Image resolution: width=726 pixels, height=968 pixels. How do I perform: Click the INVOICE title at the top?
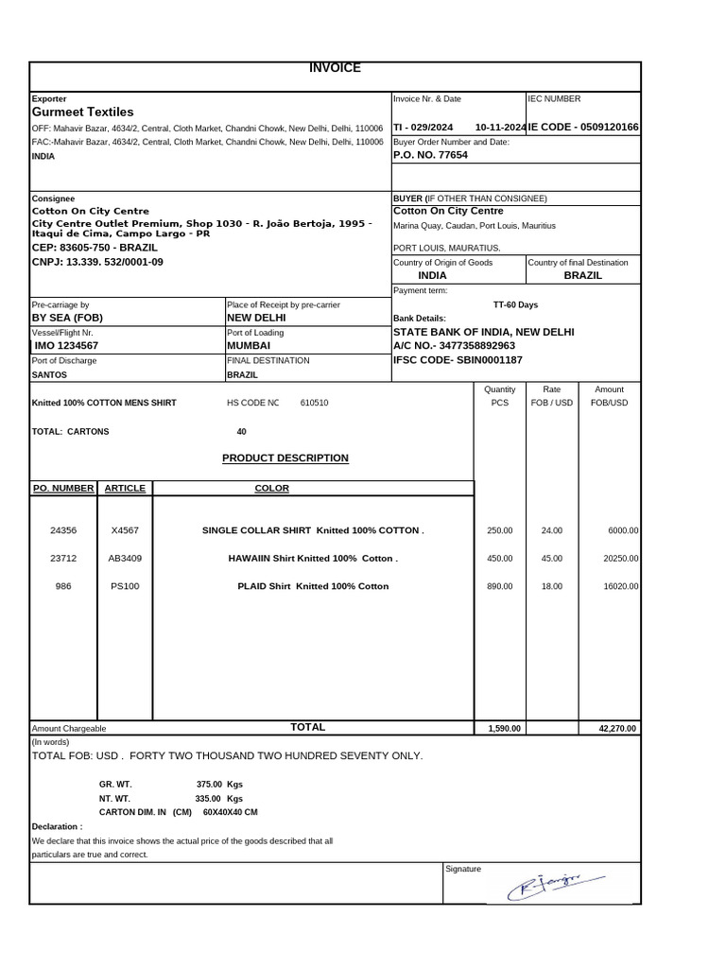pyautogui.click(x=335, y=68)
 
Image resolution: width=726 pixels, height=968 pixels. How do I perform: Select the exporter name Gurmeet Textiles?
pyautogui.click(x=83, y=112)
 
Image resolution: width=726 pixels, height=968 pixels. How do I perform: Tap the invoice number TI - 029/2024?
pyautogui.click(x=423, y=128)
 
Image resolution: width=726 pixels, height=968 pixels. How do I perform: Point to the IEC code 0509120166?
pyautogui.click(x=583, y=128)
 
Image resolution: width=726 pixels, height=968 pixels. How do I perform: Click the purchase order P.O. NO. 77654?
pyautogui.click(x=430, y=155)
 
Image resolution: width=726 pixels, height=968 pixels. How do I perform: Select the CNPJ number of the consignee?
pyautogui.click(x=97, y=262)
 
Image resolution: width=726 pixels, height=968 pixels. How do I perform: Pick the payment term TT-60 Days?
pyautogui.click(x=515, y=305)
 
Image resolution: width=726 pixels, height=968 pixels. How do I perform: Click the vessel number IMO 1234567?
pyautogui.click(x=65, y=346)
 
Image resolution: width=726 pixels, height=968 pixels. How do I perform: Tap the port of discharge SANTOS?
pyautogui.click(x=49, y=374)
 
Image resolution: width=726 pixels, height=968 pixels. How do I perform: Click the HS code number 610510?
pyautogui.click(x=314, y=403)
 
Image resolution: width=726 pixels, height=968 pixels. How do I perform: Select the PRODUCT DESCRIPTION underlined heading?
pyautogui.click(x=285, y=458)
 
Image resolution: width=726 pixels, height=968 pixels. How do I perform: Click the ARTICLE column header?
pyautogui.click(x=125, y=489)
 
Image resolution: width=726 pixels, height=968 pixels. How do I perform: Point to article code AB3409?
pyautogui.click(x=125, y=559)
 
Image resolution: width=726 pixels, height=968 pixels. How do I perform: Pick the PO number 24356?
pyautogui.click(x=63, y=531)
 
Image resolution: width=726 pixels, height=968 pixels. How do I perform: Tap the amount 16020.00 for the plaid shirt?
pyautogui.click(x=621, y=586)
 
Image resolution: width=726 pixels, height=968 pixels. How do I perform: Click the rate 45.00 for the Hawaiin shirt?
pyautogui.click(x=551, y=559)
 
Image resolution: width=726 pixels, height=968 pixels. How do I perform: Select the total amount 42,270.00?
pyautogui.click(x=618, y=729)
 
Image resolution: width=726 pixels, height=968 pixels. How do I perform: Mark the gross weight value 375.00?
pyautogui.click(x=209, y=784)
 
